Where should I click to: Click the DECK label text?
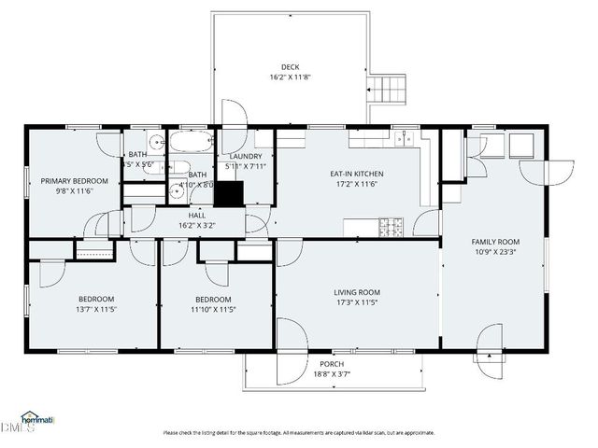(x=292, y=66)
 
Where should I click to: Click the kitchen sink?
(x=403, y=139)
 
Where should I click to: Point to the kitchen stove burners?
(x=391, y=226)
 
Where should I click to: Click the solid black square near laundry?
(x=229, y=192)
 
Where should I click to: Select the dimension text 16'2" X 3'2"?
(x=198, y=225)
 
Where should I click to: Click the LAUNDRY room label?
(x=245, y=156)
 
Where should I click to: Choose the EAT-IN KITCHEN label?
(x=357, y=174)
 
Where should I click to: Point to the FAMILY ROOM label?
(x=495, y=241)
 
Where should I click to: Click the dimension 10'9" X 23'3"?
(x=495, y=252)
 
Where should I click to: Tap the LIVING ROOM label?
(x=357, y=292)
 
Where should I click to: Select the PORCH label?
(x=332, y=363)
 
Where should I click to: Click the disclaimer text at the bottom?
(x=299, y=432)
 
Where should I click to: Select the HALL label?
(x=198, y=214)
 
